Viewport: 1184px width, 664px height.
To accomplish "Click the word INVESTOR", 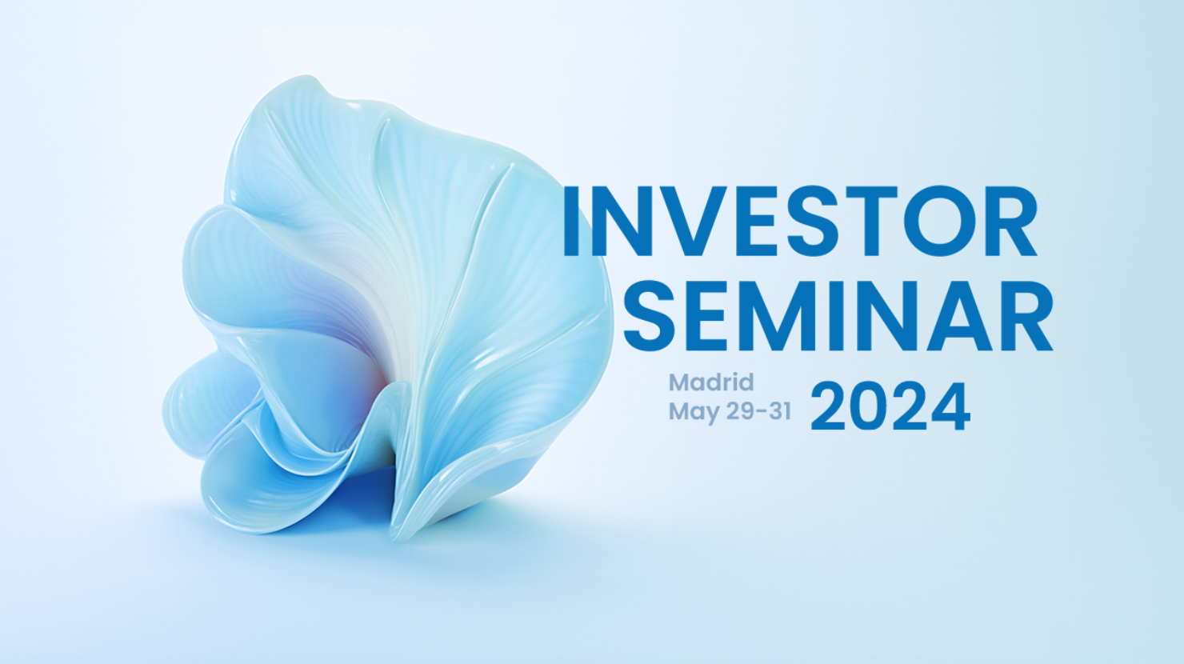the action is (x=800, y=221).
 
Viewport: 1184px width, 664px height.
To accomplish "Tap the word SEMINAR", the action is (x=838, y=316).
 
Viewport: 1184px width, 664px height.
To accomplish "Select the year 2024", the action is (x=890, y=407).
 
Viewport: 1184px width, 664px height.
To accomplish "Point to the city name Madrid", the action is (x=711, y=382).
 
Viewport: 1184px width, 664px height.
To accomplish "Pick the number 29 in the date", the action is (x=739, y=410).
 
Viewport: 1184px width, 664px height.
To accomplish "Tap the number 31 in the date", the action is (x=780, y=410).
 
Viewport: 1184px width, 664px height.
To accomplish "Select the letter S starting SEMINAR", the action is (x=650, y=316).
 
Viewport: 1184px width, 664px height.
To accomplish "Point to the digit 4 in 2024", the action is (x=950, y=407).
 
